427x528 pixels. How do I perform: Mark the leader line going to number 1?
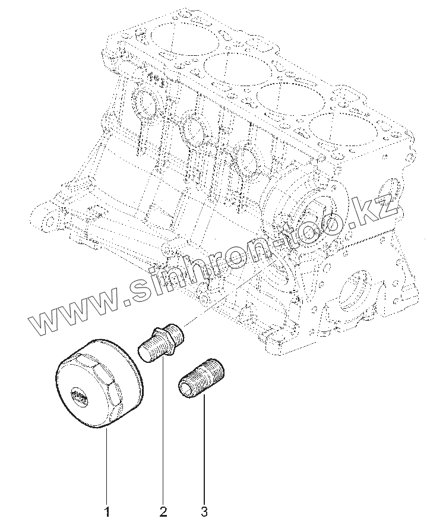(107, 463)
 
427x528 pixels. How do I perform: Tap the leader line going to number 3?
(204, 451)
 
